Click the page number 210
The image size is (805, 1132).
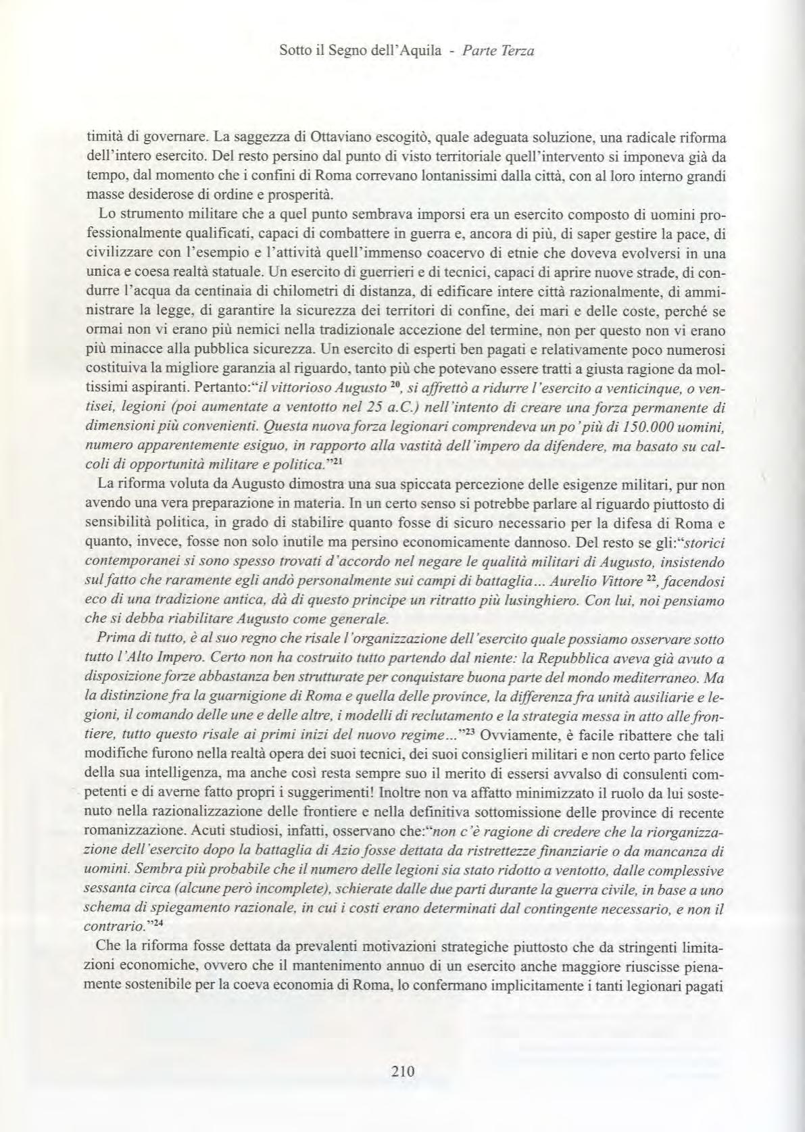[402, 1071]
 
